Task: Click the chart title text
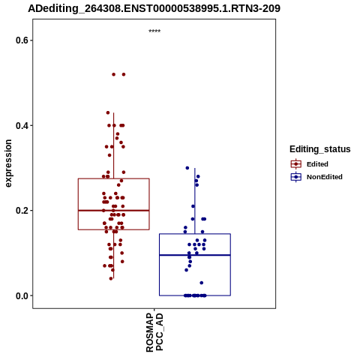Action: click(x=154, y=8)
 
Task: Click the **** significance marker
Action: click(x=154, y=31)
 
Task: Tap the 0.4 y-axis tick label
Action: click(x=21, y=125)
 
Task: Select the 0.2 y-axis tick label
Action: click(x=21, y=211)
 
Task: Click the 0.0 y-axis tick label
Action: click(x=21, y=295)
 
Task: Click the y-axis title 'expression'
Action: click(x=8, y=163)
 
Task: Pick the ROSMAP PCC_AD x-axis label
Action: click(x=154, y=332)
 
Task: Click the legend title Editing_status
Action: click(x=320, y=149)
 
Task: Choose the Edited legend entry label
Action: click(x=317, y=164)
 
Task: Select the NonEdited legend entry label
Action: click(x=325, y=177)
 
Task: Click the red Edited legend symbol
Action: click(x=296, y=164)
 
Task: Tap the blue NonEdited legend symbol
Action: click(x=296, y=177)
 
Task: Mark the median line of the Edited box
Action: click(x=114, y=211)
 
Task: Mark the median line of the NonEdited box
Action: click(x=195, y=255)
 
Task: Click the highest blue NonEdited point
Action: click(x=187, y=168)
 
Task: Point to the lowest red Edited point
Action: click(x=111, y=278)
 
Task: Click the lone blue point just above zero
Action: click(x=202, y=283)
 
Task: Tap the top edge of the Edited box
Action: click(x=114, y=178)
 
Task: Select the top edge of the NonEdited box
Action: click(x=195, y=234)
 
